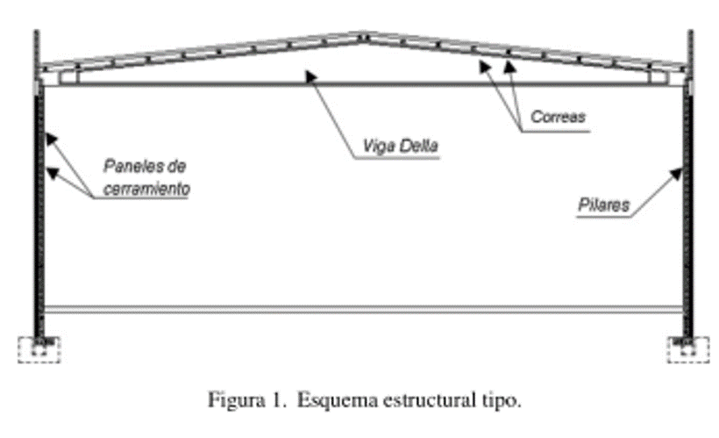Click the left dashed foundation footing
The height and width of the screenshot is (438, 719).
coord(39,349)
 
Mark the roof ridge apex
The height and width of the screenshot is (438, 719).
coord(363,37)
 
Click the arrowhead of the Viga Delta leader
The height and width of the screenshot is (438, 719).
coord(308,75)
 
